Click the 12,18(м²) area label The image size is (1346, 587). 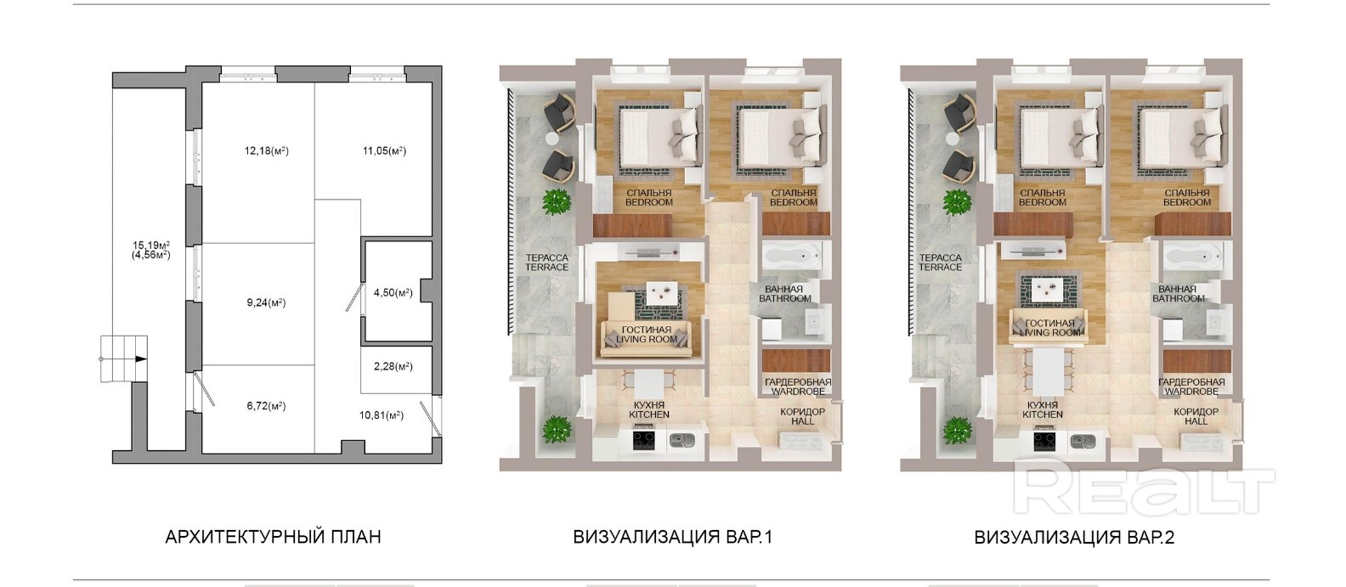(x=266, y=150)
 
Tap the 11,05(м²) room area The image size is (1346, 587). (x=384, y=150)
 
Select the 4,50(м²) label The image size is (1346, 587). (x=393, y=292)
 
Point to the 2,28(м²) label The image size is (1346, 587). (x=393, y=366)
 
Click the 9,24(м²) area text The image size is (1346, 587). (x=266, y=302)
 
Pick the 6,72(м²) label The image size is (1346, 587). (x=266, y=405)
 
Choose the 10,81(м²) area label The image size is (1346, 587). (x=382, y=415)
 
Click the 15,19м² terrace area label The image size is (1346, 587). (x=150, y=245)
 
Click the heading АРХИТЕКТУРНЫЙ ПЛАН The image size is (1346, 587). (x=273, y=537)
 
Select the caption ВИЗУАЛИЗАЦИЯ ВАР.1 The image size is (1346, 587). (x=672, y=537)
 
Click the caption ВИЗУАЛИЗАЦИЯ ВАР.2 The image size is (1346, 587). (x=1074, y=537)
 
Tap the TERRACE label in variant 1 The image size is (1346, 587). (x=547, y=268)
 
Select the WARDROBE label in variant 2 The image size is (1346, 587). (x=1191, y=391)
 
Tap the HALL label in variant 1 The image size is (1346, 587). (x=803, y=421)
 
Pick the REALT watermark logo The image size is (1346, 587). (x=1144, y=485)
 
